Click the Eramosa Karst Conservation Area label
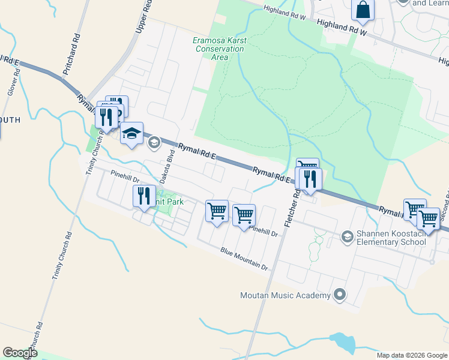tap(220, 49)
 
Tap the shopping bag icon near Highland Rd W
tap(363, 10)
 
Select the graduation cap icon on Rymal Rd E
tap(131, 133)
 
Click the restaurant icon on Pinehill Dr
tap(144, 196)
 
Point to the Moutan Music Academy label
tap(285, 295)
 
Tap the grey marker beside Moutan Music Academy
tap(340, 295)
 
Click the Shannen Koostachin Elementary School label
tap(392, 238)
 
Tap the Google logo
tap(20, 353)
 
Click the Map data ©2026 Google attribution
tap(412, 355)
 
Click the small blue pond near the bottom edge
tap(342, 343)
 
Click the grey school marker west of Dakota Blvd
tap(154, 142)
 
